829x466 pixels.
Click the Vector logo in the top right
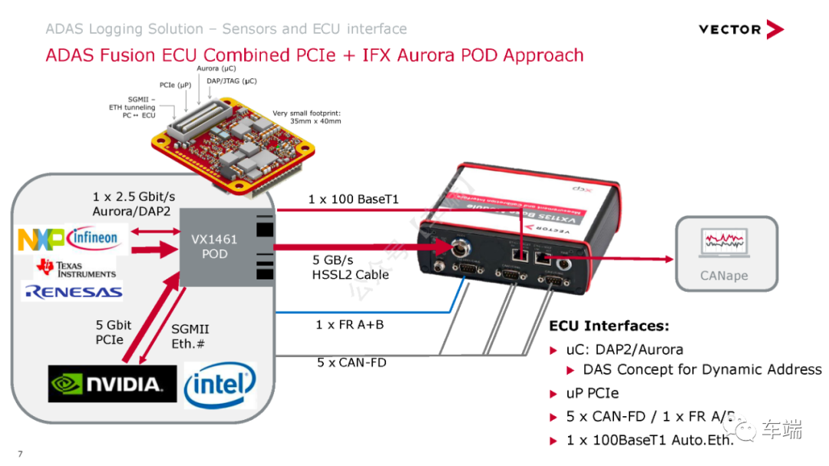741,30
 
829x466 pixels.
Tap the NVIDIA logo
105,384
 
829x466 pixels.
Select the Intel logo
220,384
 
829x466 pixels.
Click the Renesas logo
73,292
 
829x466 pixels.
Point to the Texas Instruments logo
75,269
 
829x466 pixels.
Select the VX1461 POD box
214,246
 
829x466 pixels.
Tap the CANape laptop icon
725,244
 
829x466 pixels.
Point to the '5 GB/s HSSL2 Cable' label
351,267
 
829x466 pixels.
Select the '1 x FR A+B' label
349,325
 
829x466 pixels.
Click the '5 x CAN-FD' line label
352,362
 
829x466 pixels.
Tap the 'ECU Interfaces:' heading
609,326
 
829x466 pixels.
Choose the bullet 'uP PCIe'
593,394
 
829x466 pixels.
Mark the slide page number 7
20,454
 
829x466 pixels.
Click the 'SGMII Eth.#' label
188,336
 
